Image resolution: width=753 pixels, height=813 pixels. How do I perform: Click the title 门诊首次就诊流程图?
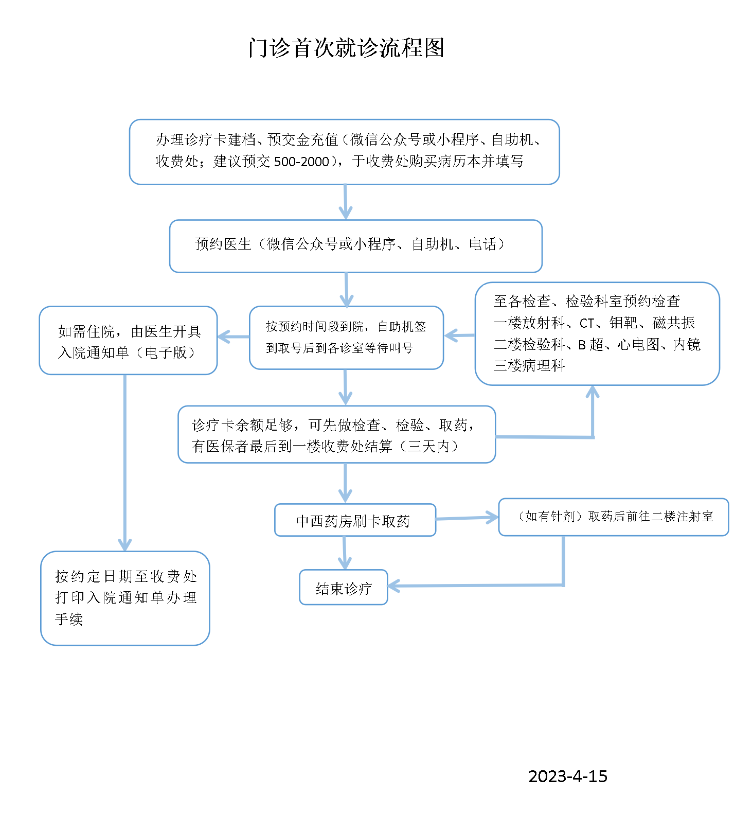coord(346,48)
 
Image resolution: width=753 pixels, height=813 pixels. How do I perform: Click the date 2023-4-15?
coord(567,776)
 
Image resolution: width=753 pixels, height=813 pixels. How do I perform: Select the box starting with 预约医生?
coord(355,245)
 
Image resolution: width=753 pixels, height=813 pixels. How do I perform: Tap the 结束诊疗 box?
coord(343,587)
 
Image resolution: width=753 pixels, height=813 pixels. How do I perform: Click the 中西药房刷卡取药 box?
coord(355,520)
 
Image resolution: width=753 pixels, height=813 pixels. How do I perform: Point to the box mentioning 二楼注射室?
coord(613,517)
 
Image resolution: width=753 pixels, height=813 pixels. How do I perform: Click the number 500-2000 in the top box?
coord(301,162)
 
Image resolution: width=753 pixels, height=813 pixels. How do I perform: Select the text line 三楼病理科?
coord(529,366)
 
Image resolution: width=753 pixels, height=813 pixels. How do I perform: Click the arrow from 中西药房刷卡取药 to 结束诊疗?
coord(345,553)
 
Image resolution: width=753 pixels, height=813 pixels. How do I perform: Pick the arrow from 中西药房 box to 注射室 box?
coord(467,518)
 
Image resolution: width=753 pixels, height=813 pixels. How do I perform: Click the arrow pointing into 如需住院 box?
coord(233,337)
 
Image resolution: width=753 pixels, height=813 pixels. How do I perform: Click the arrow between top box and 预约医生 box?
coord(345,202)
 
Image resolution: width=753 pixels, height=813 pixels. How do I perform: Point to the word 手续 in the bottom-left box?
coord(69,619)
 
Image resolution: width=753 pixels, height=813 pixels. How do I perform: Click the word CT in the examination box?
coord(587,323)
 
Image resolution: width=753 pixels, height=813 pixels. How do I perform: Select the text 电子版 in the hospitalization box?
coord(166,352)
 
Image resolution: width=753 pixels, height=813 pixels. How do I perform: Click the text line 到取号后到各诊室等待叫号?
coord(339,348)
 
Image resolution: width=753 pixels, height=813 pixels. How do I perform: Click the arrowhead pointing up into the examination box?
coord(593,392)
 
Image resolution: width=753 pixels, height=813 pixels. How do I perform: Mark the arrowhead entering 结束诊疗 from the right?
coord(394,586)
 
